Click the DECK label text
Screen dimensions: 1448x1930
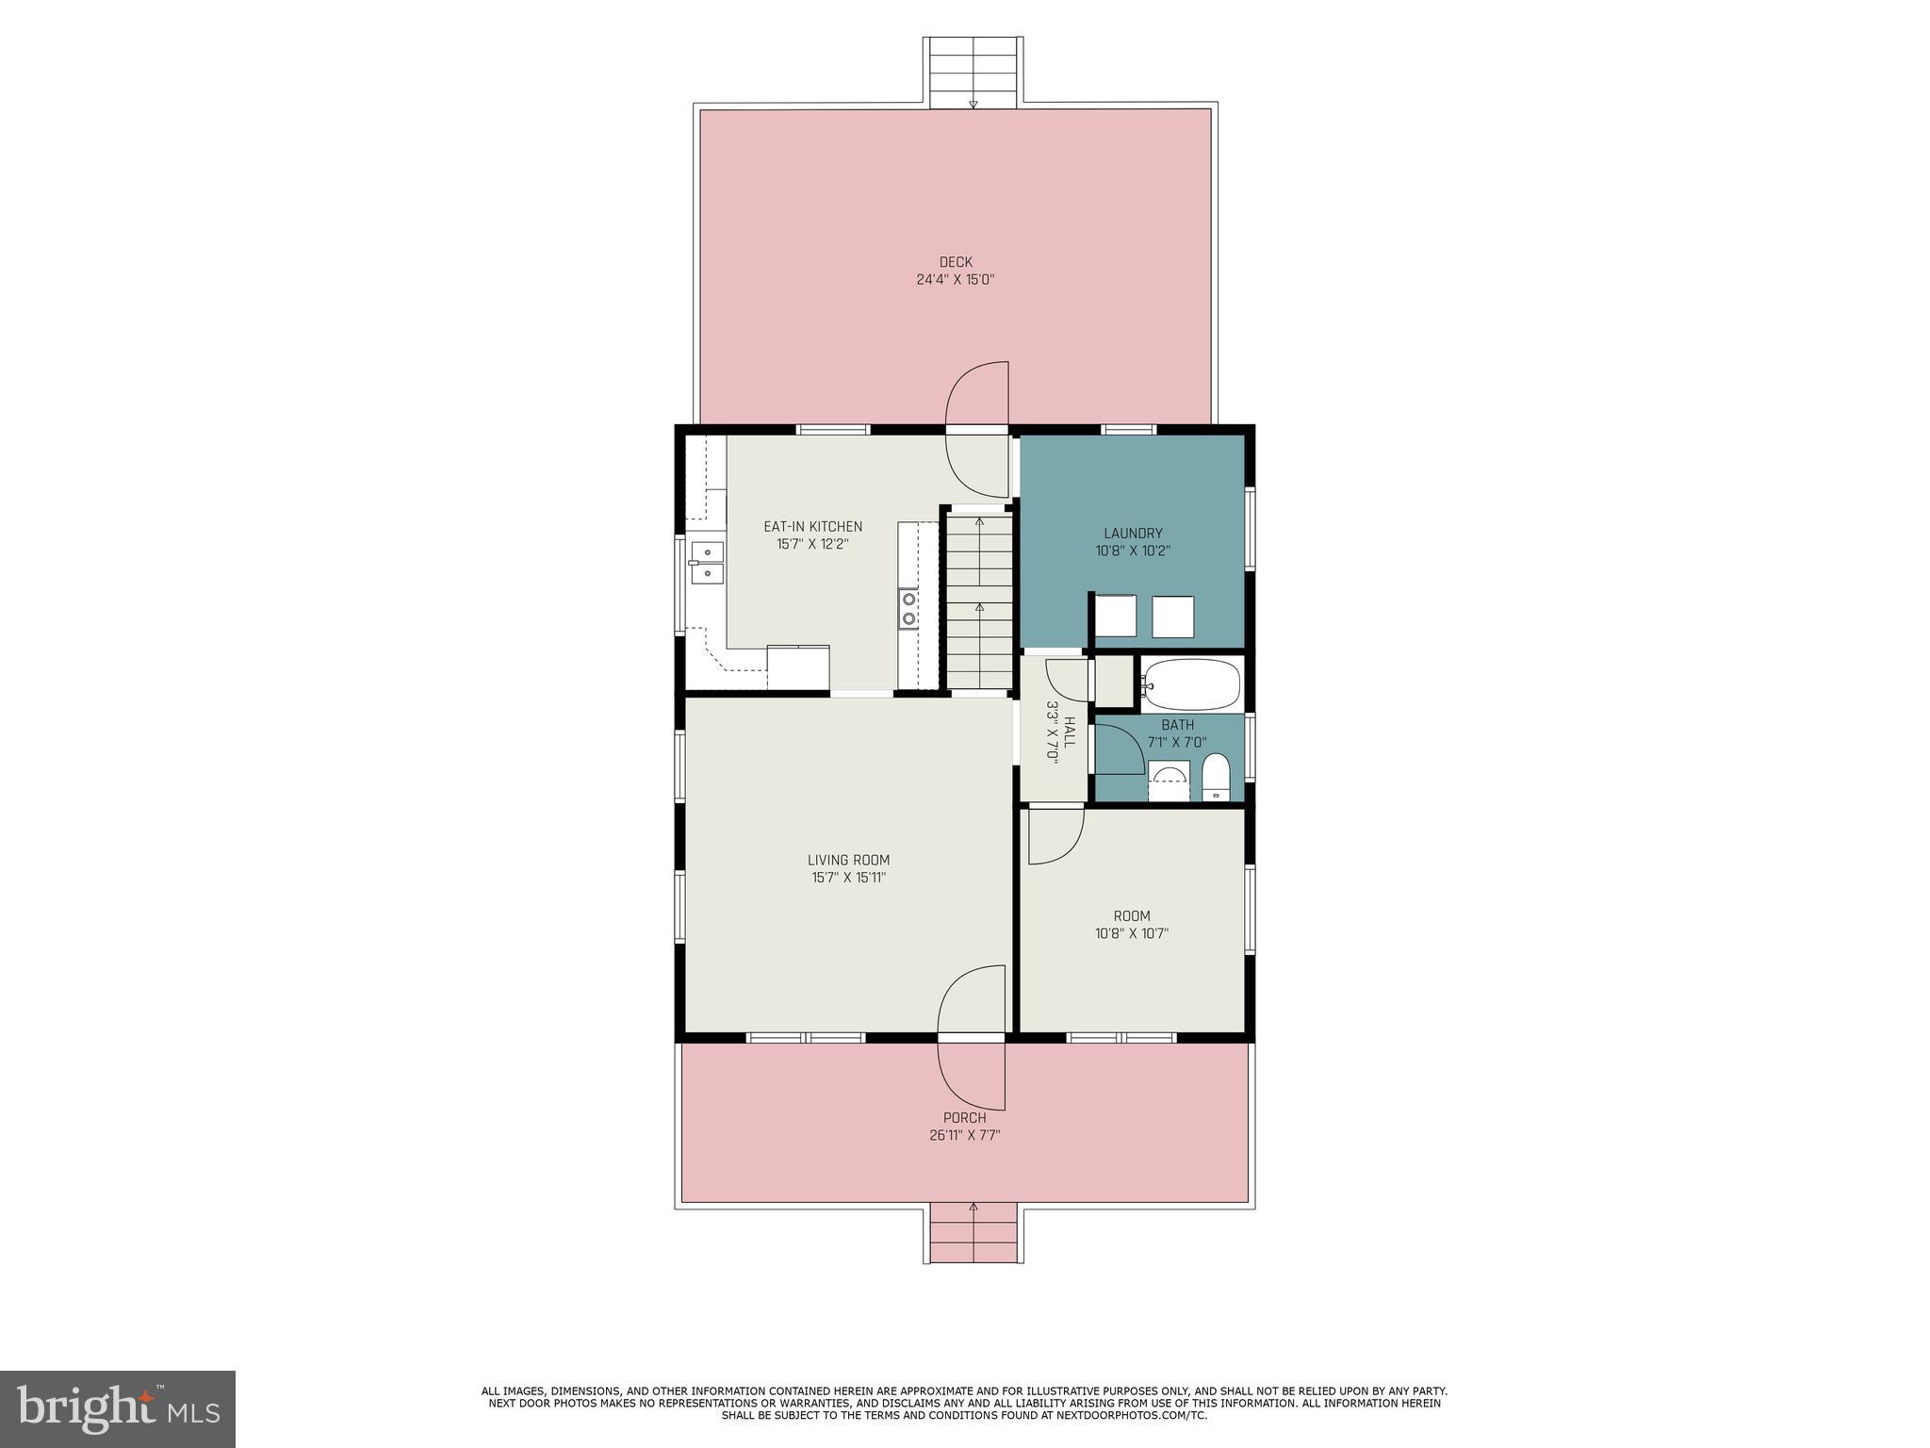(955, 262)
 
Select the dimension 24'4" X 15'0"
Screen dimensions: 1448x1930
(955, 280)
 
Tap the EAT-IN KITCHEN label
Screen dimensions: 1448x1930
(812, 526)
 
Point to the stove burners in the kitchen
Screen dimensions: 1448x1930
(908, 608)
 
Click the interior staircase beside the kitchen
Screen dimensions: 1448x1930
(979, 601)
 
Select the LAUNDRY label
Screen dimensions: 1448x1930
(1133, 533)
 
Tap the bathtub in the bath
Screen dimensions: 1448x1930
(1190, 685)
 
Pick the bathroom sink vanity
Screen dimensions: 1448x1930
(1169, 782)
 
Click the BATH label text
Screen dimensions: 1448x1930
(1177, 725)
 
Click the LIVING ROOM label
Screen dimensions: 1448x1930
(848, 860)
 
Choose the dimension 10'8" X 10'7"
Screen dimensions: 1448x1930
(1132, 933)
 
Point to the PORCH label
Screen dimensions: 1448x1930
(964, 1118)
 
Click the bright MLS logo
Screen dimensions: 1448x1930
(117, 1408)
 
